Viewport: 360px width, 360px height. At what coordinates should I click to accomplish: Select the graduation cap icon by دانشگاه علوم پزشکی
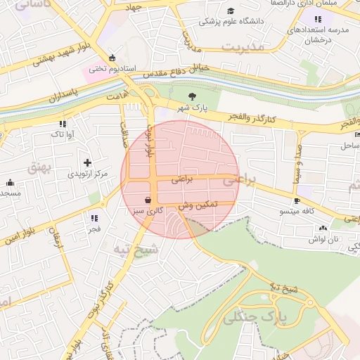click(x=231, y=11)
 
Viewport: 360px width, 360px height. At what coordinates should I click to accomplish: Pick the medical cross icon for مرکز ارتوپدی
click(x=86, y=162)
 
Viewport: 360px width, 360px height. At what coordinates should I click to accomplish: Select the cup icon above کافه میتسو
click(x=297, y=200)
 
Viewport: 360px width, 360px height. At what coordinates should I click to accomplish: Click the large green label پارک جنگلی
click(x=256, y=318)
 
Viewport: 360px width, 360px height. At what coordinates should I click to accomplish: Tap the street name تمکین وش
click(x=199, y=205)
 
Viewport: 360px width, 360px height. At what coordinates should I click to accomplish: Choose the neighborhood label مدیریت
click(x=245, y=46)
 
